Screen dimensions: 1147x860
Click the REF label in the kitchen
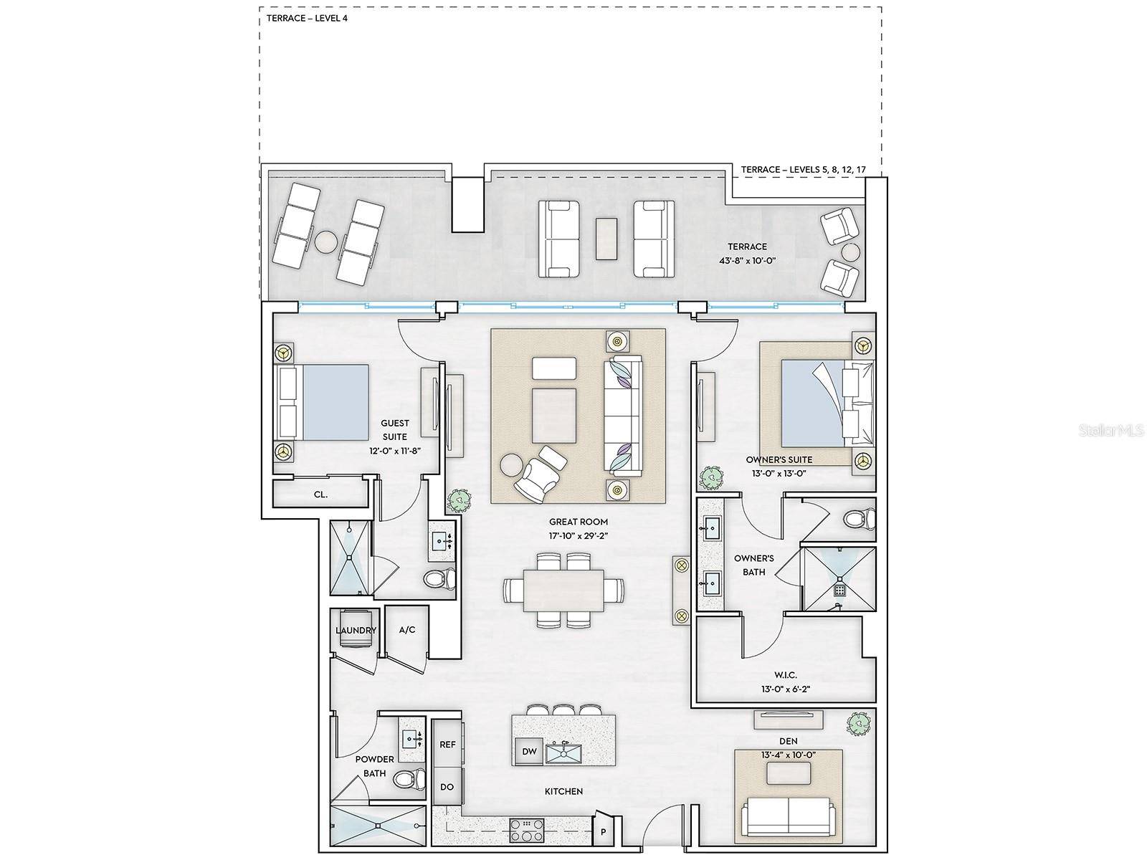pyautogui.click(x=447, y=745)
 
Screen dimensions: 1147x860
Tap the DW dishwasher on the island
pyautogui.click(x=529, y=751)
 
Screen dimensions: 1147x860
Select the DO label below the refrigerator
pyautogui.click(x=447, y=787)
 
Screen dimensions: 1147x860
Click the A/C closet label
pyautogui.click(x=407, y=630)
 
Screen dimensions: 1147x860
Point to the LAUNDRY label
pyautogui.click(x=356, y=630)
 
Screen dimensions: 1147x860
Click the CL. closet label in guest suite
pyautogui.click(x=321, y=494)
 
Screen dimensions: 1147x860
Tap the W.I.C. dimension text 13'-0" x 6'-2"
pyautogui.click(x=786, y=689)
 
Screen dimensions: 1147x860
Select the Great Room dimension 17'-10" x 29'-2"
pyautogui.click(x=578, y=535)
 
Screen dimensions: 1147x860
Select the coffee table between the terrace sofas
pyautogui.click(x=606, y=238)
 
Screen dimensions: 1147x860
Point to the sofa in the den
pyautogui.click(x=787, y=816)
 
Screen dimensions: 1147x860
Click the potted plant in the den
pyautogui.click(x=860, y=723)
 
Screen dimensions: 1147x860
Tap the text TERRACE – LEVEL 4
pyautogui.click(x=307, y=19)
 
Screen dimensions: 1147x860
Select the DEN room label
pyautogui.click(x=788, y=741)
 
